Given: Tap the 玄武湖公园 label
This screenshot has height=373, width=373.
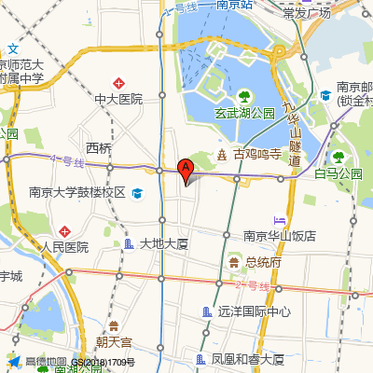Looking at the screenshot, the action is pos(246,113).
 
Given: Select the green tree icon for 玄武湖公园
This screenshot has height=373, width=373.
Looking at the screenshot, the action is pos(244,96).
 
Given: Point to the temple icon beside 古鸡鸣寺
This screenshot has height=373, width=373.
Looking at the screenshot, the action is pos(222,154).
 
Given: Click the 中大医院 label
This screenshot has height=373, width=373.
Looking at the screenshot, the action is pos(118,98).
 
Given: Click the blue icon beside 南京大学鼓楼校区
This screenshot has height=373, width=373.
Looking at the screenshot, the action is pos(137,193).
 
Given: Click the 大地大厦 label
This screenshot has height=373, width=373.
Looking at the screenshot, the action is pos(165,244).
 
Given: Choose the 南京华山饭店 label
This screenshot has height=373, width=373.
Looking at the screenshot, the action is pos(280,235).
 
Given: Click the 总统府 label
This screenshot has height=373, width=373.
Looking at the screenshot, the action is pos(263,262).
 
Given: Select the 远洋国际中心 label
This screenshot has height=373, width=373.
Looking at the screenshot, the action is pos(253,312).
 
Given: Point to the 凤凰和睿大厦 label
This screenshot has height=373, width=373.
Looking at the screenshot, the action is pos(247,359).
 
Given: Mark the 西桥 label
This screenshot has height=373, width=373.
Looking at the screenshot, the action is pos(98,148).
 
